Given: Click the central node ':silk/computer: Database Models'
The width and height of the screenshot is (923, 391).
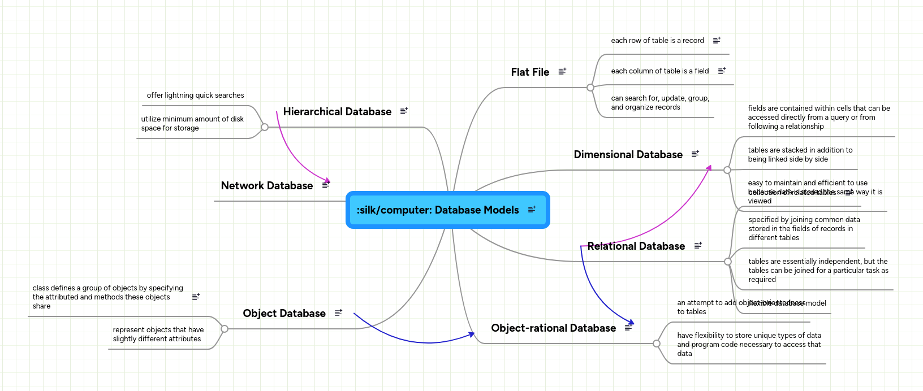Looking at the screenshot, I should click(x=438, y=210).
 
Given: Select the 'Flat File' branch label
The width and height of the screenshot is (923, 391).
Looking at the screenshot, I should click(x=530, y=72).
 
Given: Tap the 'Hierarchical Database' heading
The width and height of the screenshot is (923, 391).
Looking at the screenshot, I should click(x=337, y=112).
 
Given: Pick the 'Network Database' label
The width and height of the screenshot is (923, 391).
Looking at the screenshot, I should click(x=267, y=186).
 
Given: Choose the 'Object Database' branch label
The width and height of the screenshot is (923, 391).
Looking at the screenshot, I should click(x=284, y=314).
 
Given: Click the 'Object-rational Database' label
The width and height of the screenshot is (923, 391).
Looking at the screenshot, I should click(x=553, y=328).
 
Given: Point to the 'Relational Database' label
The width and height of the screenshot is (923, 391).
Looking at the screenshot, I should click(x=636, y=246).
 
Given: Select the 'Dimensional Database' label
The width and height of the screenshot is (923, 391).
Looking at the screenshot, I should click(x=628, y=155).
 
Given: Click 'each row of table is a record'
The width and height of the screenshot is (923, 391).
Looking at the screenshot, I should click(x=657, y=41).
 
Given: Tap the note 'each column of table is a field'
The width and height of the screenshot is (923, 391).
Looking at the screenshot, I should click(x=659, y=71).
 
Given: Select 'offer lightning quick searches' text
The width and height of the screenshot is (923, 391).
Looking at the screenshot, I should click(x=195, y=95).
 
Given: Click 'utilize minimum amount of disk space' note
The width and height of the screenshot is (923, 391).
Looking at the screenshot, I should click(x=192, y=124).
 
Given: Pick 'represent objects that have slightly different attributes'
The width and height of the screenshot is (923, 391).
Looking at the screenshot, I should click(x=158, y=334).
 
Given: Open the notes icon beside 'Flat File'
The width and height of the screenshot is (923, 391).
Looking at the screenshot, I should click(x=562, y=72).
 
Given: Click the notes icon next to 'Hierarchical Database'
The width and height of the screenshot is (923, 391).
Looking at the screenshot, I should click(x=404, y=111).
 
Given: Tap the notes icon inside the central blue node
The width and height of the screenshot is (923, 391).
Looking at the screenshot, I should click(x=532, y=210).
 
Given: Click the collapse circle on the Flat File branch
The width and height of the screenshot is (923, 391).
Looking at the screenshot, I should click(x=590, y=88).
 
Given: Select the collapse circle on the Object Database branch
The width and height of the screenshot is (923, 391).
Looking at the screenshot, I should click(x=225, y=329).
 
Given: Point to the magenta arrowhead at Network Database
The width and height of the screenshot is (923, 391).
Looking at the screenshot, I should click(x=327, y=181).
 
